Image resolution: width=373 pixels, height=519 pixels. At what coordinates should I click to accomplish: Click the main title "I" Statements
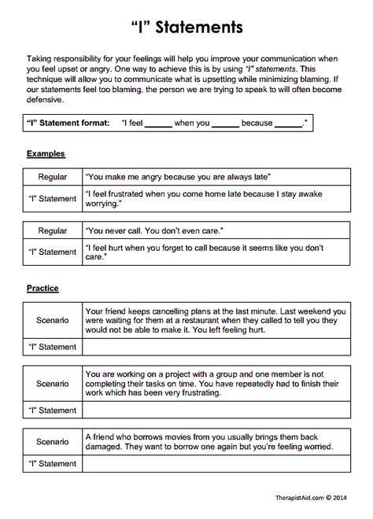[186, 28]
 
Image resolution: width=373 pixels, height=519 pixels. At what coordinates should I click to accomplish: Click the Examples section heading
[46, 154]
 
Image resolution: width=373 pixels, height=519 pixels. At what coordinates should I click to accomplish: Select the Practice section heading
[44, 289]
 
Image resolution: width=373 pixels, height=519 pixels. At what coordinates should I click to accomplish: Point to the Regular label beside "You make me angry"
[53, 178]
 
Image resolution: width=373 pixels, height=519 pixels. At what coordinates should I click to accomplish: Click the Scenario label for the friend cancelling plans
[53, 322]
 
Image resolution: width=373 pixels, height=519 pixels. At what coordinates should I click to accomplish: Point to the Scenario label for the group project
[53, 385]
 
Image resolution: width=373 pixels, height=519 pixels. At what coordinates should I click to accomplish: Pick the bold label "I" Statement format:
[68, 124]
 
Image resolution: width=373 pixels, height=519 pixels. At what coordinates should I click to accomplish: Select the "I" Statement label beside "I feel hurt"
[53, 252]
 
